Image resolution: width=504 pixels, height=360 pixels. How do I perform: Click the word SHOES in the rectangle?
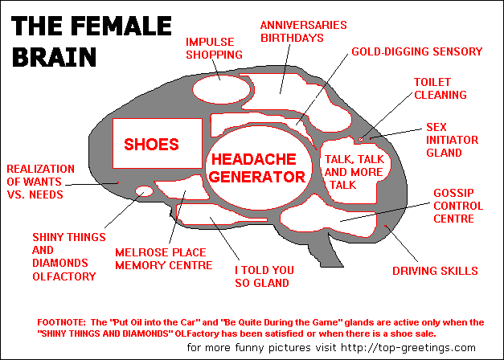point(151,145)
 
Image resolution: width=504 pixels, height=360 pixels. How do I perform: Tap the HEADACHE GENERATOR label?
point(258,168)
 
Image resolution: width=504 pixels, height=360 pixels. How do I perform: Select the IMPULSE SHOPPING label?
point(214,48)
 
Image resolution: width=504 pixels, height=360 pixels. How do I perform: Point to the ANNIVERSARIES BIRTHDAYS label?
point(303,31)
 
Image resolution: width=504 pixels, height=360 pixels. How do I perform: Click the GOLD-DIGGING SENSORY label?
point(417,51)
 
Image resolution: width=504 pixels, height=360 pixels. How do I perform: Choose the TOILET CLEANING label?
point(440,88)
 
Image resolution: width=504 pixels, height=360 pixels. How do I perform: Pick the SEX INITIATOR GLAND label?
point(452,140)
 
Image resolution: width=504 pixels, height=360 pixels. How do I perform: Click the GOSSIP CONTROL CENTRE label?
point(458,206)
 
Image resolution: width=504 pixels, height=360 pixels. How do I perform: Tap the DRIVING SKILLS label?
point(435,271)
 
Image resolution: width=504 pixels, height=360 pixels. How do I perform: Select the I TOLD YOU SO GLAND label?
point(264,276)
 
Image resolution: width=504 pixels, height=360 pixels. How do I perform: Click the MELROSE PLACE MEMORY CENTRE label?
point(164,259)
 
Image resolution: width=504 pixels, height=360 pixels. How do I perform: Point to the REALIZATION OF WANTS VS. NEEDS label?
point(40,182)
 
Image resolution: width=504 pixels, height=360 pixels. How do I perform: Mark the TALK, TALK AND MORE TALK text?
point(354,172)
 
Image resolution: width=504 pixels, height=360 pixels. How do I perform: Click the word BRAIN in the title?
point(55,56)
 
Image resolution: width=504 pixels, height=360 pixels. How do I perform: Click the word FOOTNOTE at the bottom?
point(61,322)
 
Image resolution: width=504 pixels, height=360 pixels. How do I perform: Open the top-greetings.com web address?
point(408,347)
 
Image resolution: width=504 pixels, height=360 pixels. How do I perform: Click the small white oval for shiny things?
point(144,191)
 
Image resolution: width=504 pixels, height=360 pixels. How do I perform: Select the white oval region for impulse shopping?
point(221,89)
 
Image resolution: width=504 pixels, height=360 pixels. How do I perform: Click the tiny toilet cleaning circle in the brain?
point(361,139)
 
